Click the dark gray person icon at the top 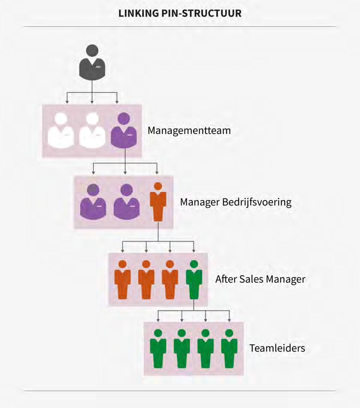(92, 64)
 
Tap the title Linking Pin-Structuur (180, 13)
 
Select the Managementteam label (189, 131)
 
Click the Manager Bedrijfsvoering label (235, 202)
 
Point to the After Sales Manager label (260, 279)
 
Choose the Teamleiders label (277, 348)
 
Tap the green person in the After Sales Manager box (193, 279)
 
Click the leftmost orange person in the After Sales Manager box (122, 279)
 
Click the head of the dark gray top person (92, 51)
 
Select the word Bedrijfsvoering (257, 202)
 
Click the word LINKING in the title (135, 13)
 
